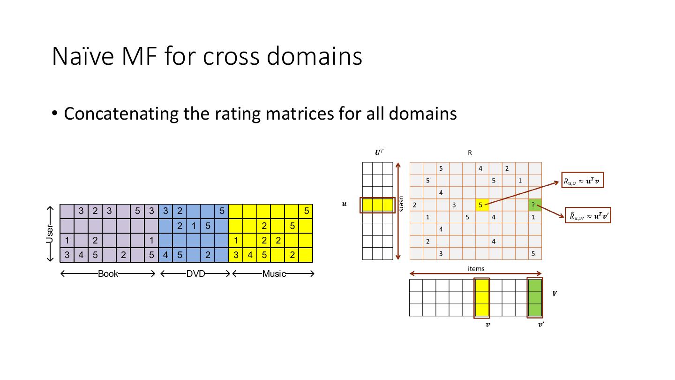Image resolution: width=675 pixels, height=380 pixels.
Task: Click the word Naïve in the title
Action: pyautogui.click(x=82, y=56)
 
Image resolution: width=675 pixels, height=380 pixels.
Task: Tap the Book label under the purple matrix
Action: pyautogui.click(x=108, y=274)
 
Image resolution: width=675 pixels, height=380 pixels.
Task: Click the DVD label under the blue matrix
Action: pyautogui.click(x=195, y=274)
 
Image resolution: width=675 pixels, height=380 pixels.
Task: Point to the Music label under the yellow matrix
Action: pyautogui.click(x=274, y=274)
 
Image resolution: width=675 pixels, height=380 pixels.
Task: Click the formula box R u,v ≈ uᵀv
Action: pyautogui.click(x=583, y=181)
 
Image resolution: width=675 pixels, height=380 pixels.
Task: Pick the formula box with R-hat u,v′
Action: pyautogui.click(x=588, y=215)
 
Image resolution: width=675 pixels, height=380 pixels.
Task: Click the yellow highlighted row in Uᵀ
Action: pyautogui.click(x=377, y=205)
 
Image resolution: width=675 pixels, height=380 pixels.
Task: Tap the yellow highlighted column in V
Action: pyautogui.click(x=481, y=298)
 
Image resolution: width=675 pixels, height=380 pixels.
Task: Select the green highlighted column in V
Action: pyautogui.click(x=535, y=298)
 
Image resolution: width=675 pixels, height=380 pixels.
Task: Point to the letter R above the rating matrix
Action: pyautogui.click(x=470, y=153)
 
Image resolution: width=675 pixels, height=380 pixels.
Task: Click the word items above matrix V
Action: pyautogui.click(x=476, y=269)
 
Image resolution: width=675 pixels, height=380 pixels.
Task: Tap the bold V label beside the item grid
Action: pyautogui.click(x=555, y=294)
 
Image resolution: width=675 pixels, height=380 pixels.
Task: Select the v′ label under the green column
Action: pyautogui.click(x=541, y=324)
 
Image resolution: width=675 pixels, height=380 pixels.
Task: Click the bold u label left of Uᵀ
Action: pyautogui.click(x=345, y=204)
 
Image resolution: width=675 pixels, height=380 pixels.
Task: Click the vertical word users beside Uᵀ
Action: pyautogui.click(x=402, y=204)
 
